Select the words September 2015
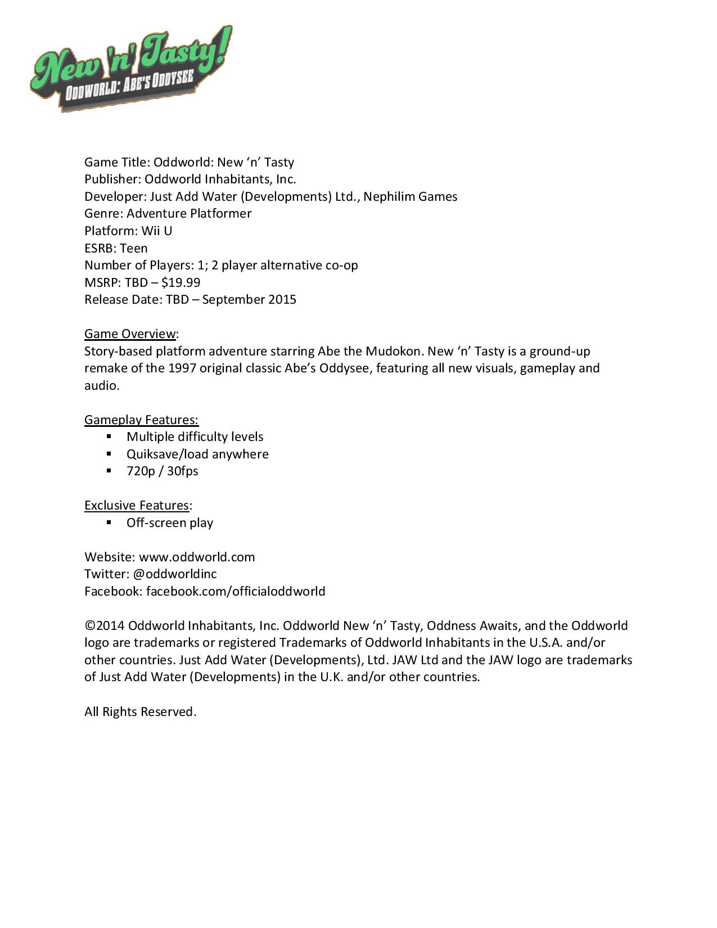(249, 299)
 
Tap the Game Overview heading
(130, 334)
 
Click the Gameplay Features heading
(141, 420)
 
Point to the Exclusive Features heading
(137, 505)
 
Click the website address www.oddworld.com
(197, 557)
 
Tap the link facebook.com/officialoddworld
(236, 591)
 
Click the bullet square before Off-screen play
(109, 522)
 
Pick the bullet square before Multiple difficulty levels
(109, 436)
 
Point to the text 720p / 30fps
(162, 471)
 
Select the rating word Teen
(134, 248)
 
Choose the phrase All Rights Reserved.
(140, 711)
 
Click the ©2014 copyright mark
(105, 626)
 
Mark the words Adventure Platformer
(189, 214)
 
